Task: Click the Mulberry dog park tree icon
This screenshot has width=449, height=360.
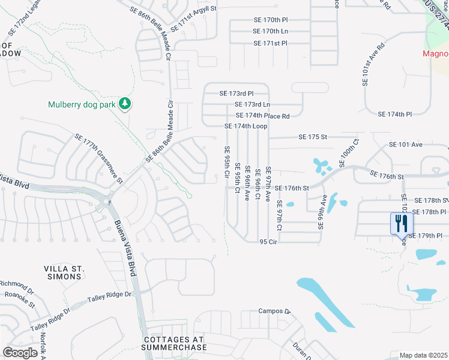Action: tap(125, 104)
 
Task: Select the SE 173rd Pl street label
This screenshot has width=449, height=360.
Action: tap(237, 94)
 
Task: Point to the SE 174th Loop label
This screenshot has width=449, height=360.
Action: tap(246, 127)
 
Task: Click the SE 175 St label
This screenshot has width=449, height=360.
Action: tap(313, 137)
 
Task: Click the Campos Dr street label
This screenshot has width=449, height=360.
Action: tap(274, 311)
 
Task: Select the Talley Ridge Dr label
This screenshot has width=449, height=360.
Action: tap(109, 295)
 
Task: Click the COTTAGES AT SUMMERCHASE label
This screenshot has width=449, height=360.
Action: tap(175, 343)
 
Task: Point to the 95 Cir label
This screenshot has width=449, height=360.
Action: tap(268, 241)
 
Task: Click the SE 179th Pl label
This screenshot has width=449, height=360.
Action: tap(430, 236)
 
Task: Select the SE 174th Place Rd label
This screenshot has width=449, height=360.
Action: tap(263, 116)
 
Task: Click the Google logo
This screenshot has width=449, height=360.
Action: tap(20, 352)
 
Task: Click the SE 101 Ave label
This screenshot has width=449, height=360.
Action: tap(406, 145)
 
